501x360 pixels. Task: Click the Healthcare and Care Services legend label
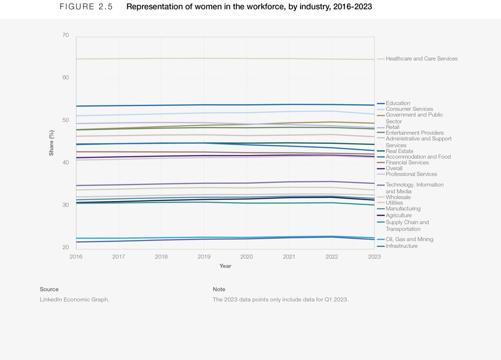click(x=421, y=59)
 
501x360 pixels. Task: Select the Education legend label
click(x=398, y=104)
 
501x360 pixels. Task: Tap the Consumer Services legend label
click(x=409, y=110)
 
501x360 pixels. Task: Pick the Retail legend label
click(x=393, y=127)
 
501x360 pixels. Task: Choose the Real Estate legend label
click(x=399, y=151)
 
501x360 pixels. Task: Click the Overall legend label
click(x=394, y=169)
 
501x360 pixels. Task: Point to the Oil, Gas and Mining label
click(x=409, y=239)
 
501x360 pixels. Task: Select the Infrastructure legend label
click(x=401, y=246)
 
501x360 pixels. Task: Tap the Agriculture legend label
click(x=398, y=216)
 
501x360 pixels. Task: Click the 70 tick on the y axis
click(x=65, y=35)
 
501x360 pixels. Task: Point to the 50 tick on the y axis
click(x=65, y=120)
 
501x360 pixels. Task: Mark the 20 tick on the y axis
click(x=65, y=247)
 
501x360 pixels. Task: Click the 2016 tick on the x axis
click(x=76, y=257)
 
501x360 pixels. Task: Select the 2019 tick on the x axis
click(x=204, y=257)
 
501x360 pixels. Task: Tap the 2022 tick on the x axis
click(x=332, y=257)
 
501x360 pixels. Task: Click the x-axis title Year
click(x=225, y=266)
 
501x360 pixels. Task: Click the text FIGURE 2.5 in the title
click(x=86, y=7)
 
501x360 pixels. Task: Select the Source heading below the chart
click(x=49, y=289)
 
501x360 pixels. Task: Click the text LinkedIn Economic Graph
click(x=74, y=299)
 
